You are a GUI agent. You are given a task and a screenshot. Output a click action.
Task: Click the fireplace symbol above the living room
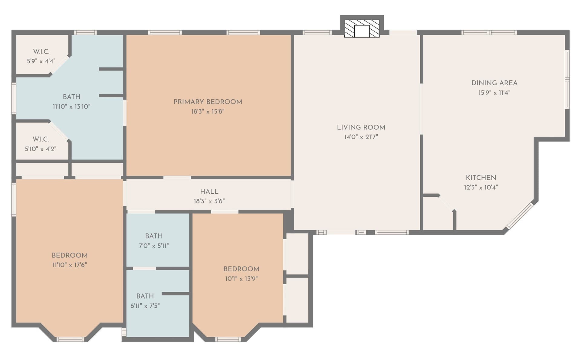362,29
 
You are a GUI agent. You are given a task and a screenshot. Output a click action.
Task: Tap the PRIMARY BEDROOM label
208,102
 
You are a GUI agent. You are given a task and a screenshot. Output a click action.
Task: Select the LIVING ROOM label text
361,127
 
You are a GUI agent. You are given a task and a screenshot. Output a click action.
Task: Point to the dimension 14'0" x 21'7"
361,137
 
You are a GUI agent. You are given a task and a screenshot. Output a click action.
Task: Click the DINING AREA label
494,83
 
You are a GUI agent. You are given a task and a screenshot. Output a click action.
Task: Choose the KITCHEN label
481,178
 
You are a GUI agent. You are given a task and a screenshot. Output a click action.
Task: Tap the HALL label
209,191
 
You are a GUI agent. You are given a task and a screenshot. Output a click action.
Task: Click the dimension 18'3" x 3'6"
209,201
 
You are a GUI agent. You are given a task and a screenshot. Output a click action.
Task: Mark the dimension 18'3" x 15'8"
208,112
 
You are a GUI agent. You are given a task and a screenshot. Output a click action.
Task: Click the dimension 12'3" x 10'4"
481,187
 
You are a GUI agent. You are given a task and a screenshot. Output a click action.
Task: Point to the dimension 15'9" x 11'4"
494,93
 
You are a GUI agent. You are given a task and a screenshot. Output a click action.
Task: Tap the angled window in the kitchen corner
520,216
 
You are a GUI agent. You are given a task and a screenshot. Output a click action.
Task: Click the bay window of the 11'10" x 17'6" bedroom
71,339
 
